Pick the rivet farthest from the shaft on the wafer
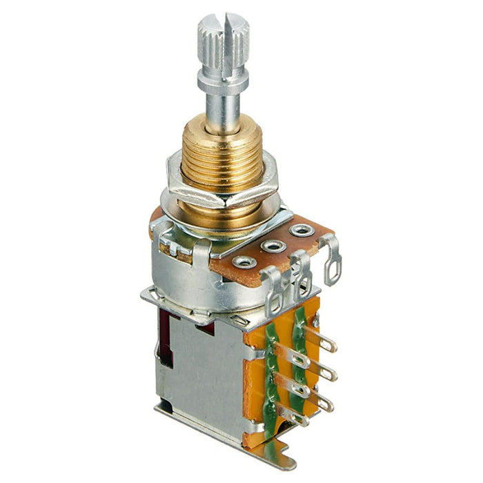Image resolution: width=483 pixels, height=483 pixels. (x=299, y=229)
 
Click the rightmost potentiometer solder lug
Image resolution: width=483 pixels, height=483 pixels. (x=333, y=261)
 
